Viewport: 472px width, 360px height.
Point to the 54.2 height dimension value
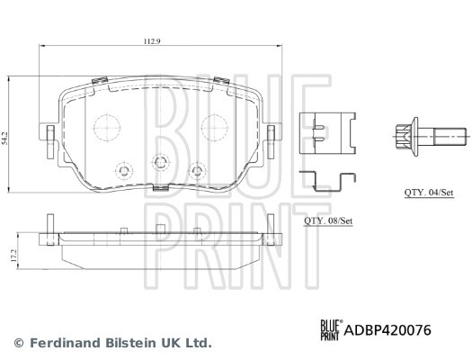click(x=7, y=139)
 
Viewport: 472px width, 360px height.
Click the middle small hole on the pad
click(x=161, y=163)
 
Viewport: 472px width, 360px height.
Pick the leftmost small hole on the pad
click(x=122, y=171)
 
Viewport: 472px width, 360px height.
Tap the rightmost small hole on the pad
click(x=199, y=171)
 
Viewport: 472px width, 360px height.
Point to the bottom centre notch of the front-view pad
click(x=161, y=189)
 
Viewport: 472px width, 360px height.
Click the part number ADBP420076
click(x=387, y=330)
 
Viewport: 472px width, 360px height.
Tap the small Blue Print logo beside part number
click(x=328, y=330)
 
